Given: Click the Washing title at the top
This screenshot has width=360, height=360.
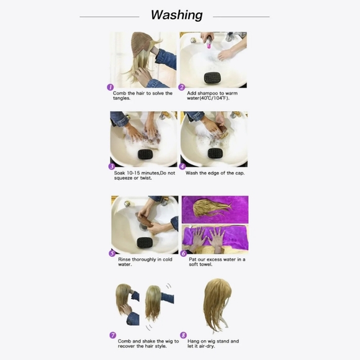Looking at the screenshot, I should click(177, 15).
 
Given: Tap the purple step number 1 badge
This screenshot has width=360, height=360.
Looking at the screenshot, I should click(110, 88).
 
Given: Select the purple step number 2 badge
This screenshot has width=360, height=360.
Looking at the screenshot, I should click(182, 88).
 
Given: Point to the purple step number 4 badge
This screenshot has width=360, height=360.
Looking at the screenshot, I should click(182, 167).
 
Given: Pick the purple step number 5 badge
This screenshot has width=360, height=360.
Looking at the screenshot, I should click(112, 253).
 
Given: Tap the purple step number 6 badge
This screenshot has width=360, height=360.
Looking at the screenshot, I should click(183, 253).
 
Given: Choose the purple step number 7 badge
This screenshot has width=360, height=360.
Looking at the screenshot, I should click(113, 335).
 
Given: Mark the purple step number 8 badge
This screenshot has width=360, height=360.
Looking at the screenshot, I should click(183, 335).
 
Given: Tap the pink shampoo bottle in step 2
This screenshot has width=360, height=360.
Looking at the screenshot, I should click(209, 43).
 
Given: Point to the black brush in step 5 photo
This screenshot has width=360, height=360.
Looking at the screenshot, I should click(146, 242).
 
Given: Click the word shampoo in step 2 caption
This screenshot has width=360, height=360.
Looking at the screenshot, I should click(209, 93).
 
